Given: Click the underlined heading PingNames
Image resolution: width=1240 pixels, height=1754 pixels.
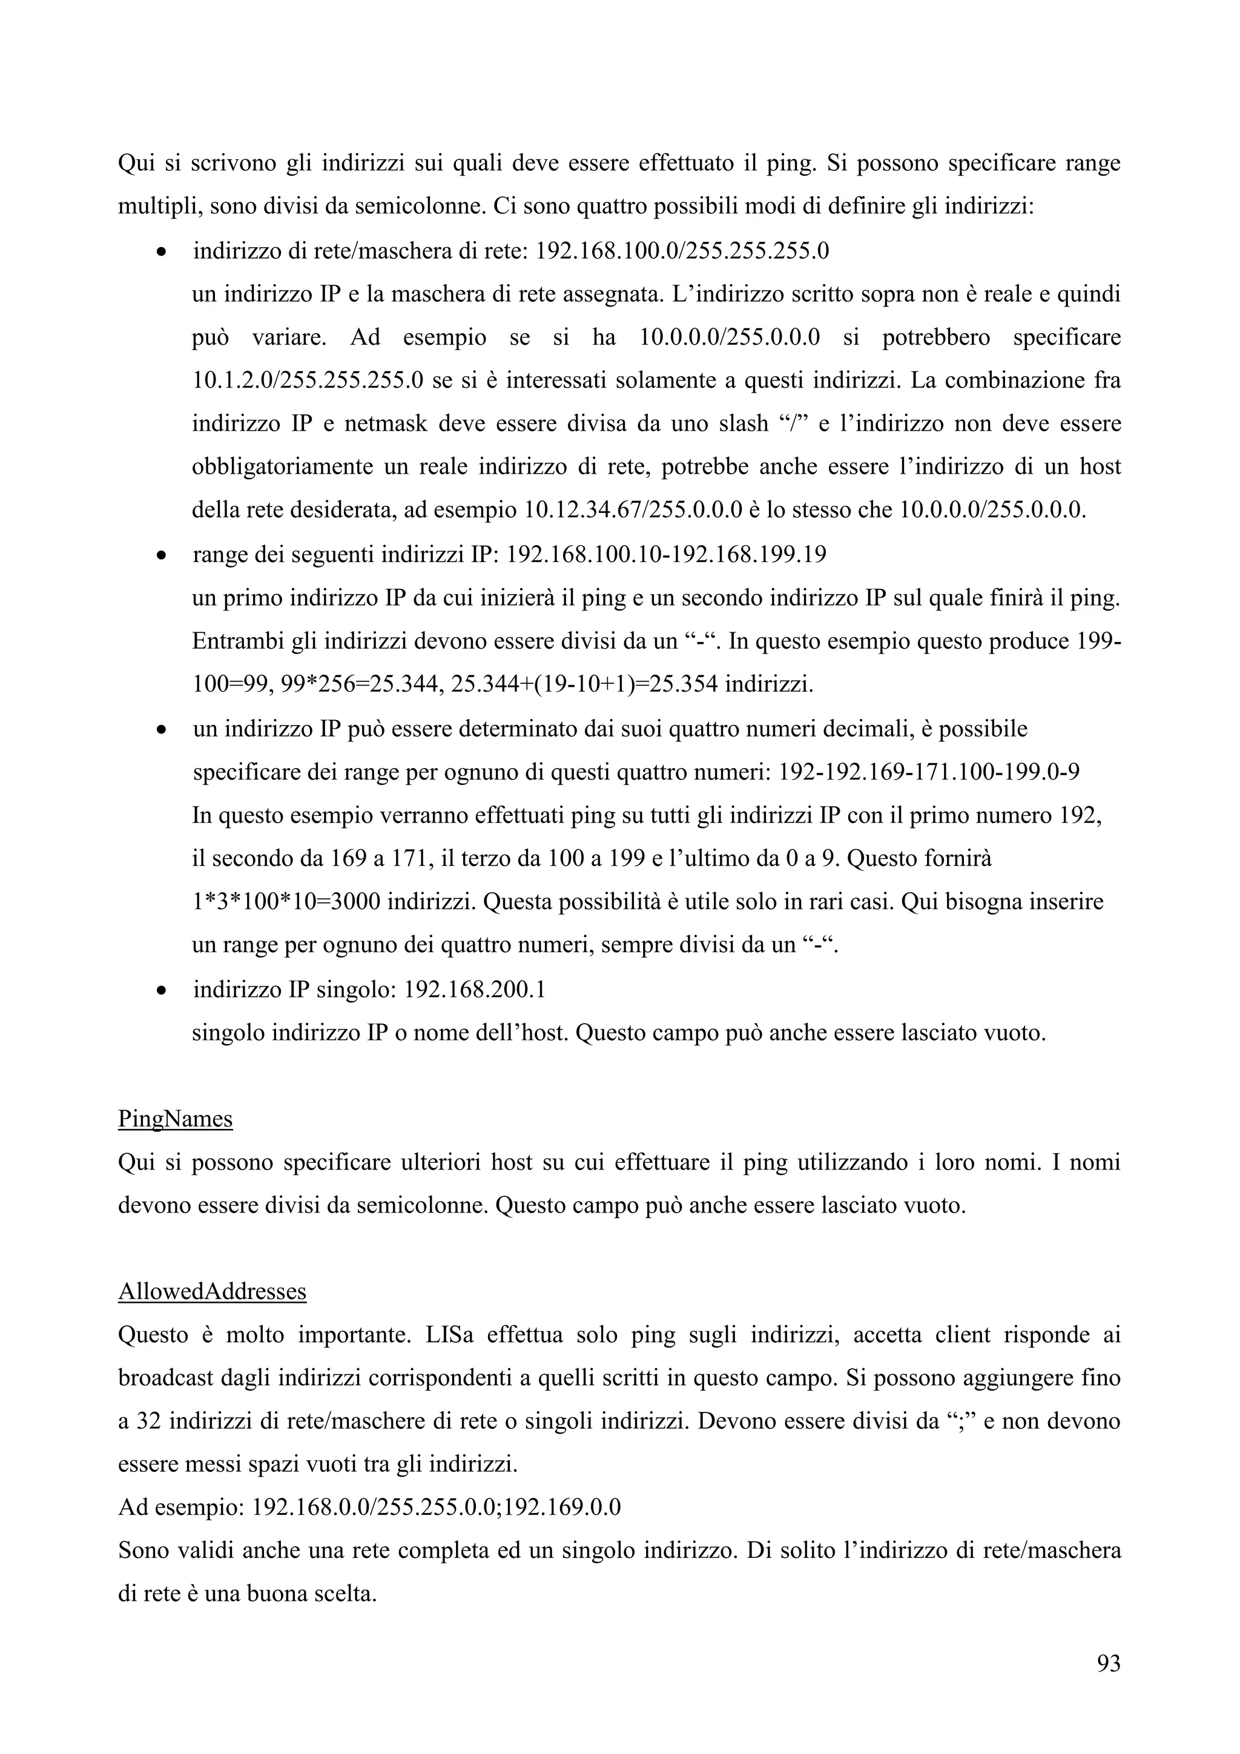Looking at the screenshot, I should [175, 1119].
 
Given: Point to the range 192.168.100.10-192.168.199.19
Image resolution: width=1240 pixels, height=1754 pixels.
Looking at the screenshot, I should [666, 554].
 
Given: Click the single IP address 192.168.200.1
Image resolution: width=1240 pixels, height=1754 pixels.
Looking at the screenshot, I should [474, 990].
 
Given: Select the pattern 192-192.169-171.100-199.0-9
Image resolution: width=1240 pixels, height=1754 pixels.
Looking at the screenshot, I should [928, 772].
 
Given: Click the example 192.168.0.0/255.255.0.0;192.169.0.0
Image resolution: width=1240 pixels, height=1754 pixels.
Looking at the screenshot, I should [436, 1508].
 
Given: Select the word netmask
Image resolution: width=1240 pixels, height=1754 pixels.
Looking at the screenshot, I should [386, 423].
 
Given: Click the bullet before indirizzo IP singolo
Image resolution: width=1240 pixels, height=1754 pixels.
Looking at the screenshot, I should [160, 991].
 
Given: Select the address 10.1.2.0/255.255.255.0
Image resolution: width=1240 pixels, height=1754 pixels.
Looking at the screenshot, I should [307, 380].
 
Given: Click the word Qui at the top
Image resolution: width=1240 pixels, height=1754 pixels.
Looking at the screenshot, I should [134, 164].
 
